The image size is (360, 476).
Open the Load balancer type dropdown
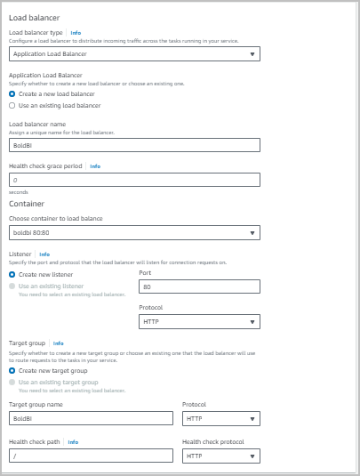pyautogui.click(x=133, y=53)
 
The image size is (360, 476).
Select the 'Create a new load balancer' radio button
pyautogui.click(x=12, y=93)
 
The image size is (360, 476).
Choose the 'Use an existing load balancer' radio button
pyautogui.click(x=12, y=105)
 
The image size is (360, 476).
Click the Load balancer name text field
pyautogui.click(x=133, y=145)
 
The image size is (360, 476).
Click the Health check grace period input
pyautogui.click(x=133, y=180)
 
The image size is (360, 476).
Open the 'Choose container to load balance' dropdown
pyautogui.click(x=133, y=232)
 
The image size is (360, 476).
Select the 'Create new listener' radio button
pyautogui.click(x=12, y=275)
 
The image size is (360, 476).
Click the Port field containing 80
pyautogui.click(x=199, y=286)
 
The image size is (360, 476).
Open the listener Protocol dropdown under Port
pyautogui.click(x=199, y=321)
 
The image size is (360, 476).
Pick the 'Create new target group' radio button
pyautogui.click(x=12, y=370)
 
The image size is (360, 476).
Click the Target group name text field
pyautogui.click(x=90, y=417)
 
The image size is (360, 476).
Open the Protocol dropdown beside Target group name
pyautogui.click(x=220, y=417)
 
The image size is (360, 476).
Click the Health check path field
pyautogui.click(x=90, y=456)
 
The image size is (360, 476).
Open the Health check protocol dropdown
pyautogui.click(x=220, y=456)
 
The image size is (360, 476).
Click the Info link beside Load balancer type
pyautogui.click(x=76, y=32)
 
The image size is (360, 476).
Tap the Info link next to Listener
pyautogui.click(x=44, y=254)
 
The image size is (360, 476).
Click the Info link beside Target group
pyautogui.click(x=58, y=343)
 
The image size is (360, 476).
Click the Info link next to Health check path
pyautogui.click(x=73, y=441)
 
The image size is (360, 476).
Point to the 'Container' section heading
pyautogui.click(x=26, y=203)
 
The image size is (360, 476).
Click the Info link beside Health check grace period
pyautogui.click(x=95, y=165)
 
